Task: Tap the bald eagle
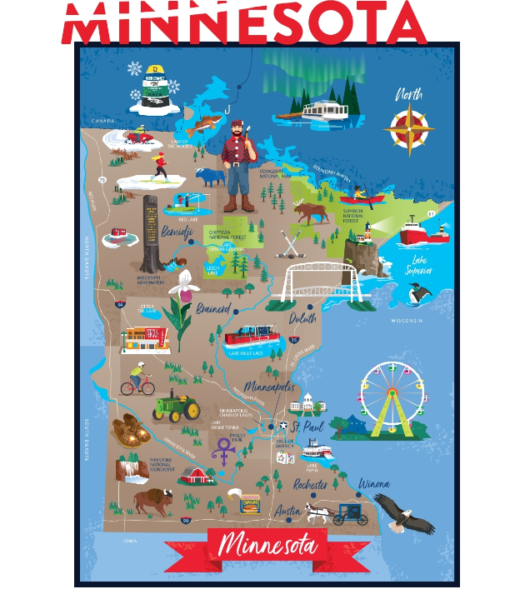(405, 512)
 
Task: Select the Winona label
(373, 484)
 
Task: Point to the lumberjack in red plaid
(238, 162)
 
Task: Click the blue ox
(209, 177)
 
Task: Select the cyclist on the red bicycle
(137, 381)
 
